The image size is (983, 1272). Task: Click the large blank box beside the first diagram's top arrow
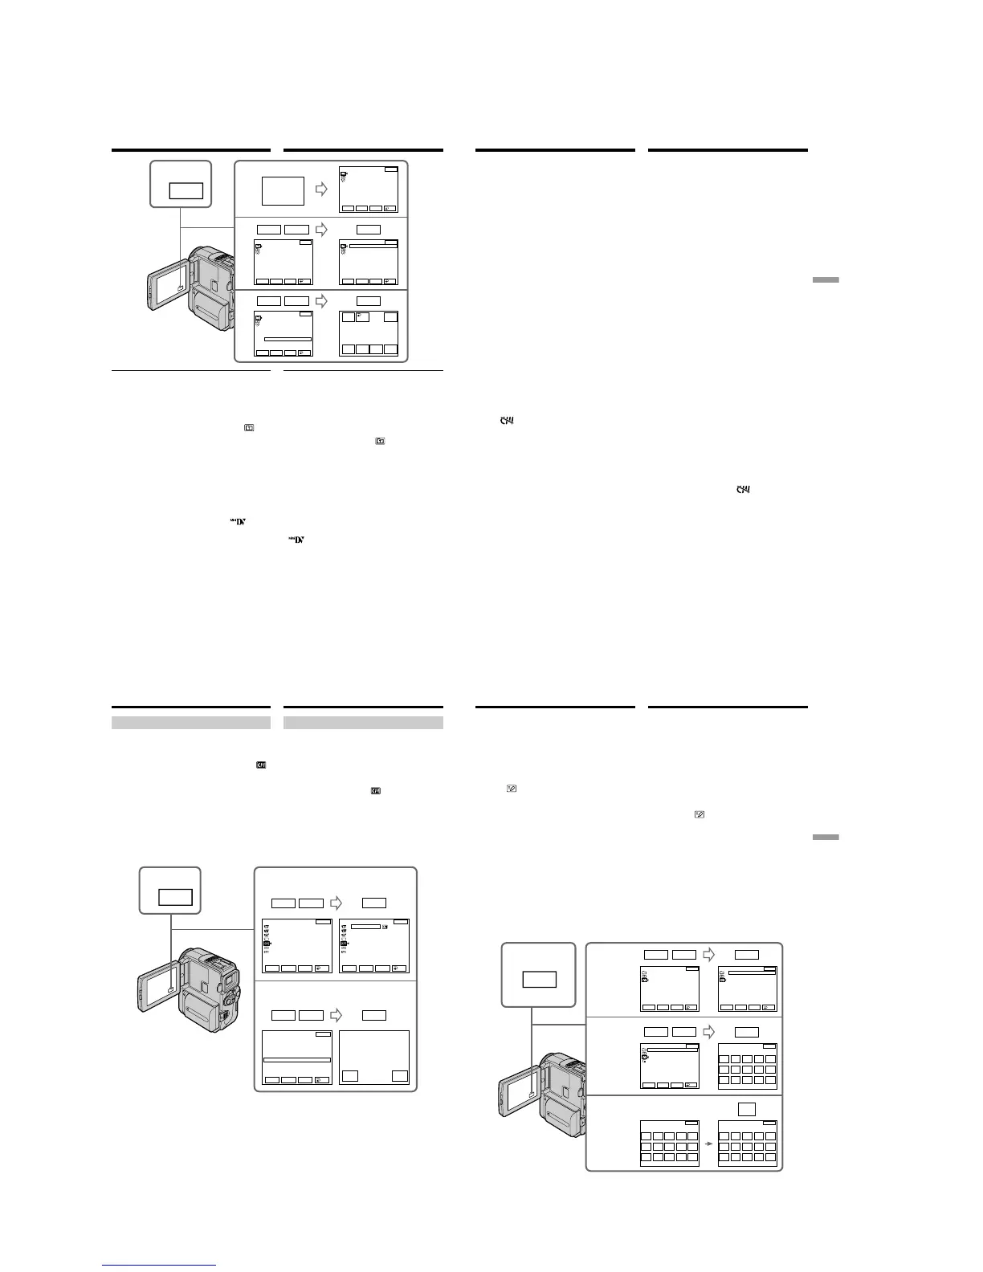pos(283,191)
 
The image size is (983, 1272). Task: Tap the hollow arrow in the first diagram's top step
pos(321,190)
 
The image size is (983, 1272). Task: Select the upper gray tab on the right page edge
pos(825,279)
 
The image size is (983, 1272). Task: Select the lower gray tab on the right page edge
pos(825,837)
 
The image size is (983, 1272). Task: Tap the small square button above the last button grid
pos(747,1108)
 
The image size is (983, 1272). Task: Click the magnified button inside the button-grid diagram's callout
pos(539,980)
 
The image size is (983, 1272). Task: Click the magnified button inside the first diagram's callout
pos(186,191)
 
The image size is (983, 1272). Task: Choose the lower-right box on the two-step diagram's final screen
pos(400,1077)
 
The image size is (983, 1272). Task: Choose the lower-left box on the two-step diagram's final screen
pos(350,1077)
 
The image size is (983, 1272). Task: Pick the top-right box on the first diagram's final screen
pos(390,317)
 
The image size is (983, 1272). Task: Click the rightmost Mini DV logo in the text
pos(298,540)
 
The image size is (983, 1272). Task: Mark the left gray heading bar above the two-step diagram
pos(190,723)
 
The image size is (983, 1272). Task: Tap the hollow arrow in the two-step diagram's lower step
pos(337,1016)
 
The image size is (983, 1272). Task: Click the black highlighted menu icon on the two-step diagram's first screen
pos(266,944)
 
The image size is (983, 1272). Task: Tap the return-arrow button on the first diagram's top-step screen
pos(390,209)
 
